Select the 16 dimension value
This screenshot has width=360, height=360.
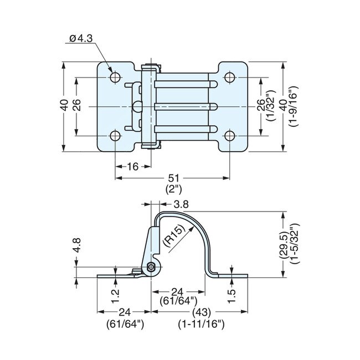pos(133,166)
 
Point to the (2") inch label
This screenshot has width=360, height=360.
pos(172,189)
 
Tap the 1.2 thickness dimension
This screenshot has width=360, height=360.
pos(115,295)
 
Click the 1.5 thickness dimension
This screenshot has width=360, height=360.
pos(232,295)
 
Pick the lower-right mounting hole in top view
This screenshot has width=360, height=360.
pos(229,135)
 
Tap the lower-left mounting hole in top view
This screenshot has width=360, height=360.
pos(115,135)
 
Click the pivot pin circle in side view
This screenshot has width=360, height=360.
pos(151,268)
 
